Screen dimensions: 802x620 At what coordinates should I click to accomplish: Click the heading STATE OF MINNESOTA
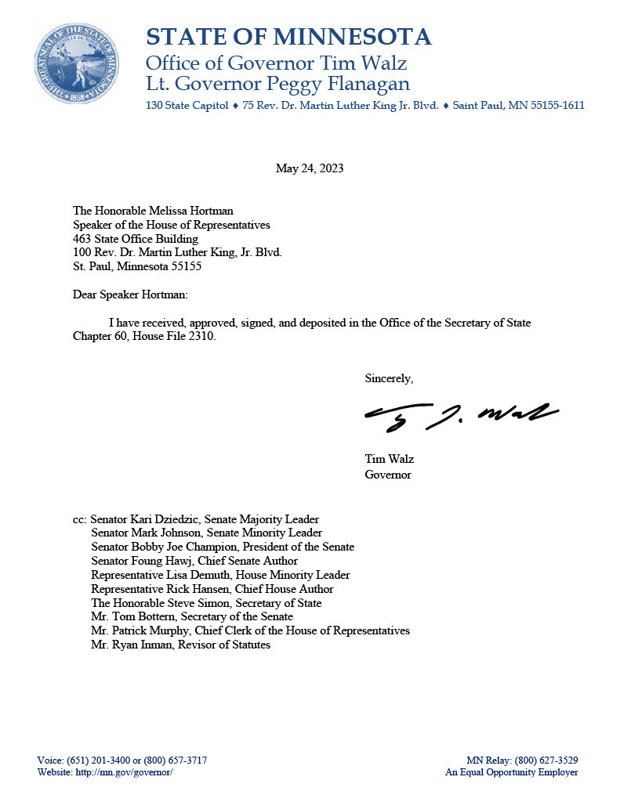coord(288,37)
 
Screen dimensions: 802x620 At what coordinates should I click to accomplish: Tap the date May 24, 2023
coord(310,168)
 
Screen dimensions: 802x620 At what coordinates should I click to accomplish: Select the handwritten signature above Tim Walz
coord(461,415)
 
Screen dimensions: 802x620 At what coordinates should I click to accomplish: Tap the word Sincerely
coord(389,379)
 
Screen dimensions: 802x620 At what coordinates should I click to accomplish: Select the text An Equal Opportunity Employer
coord(512,772)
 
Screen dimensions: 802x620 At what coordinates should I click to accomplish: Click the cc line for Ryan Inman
coord(180,645)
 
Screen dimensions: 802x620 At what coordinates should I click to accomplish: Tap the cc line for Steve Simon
coord(206,603)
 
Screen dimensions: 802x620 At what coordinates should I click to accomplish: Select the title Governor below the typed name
coord(388,475)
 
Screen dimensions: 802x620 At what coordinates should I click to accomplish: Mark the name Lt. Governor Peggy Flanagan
coord(277,84)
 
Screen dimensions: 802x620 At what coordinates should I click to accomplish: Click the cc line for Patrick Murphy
coord(250,630)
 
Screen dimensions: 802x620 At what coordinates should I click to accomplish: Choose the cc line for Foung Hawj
coord(194,561)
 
